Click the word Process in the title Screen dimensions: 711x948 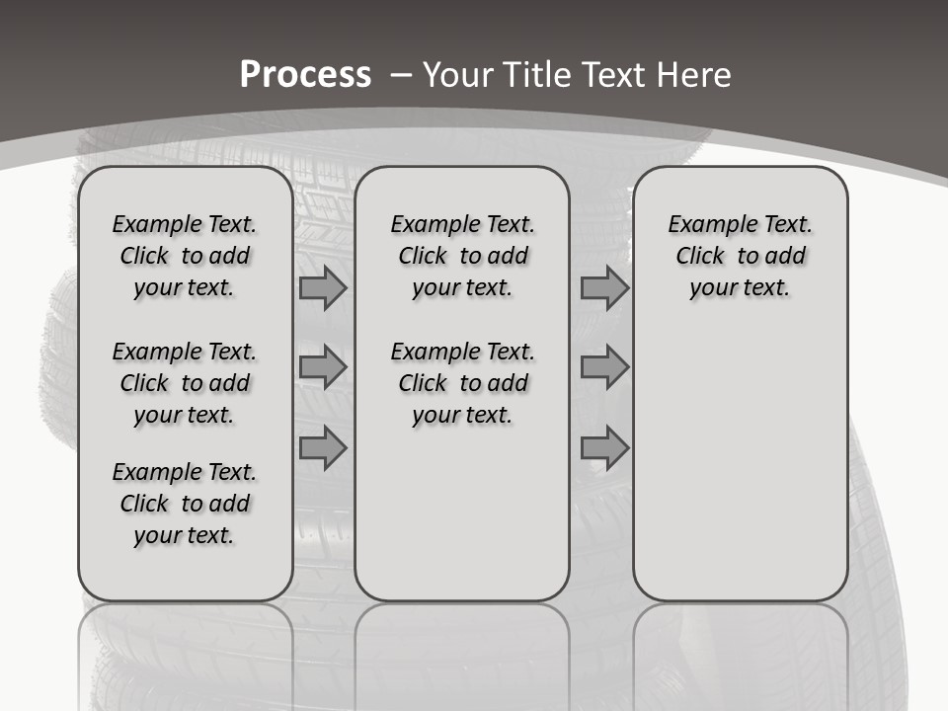[x=305, y=74]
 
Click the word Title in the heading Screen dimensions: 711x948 [x=533, y=74]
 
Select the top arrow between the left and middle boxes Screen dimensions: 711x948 [x=323, y=288]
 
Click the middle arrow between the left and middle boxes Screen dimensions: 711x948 [x=323, y=367]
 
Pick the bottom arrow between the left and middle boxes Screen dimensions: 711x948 [x=323, y=448]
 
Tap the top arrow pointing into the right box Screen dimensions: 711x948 [x=604, y=288]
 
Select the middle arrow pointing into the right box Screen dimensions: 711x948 [x=604, y=367]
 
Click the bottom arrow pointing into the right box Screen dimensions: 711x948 [x=604, y=448]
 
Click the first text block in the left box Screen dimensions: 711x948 [x=185, y=256]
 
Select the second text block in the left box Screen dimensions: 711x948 [x=185, y=383]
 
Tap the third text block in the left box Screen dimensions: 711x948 [x=185, y=504]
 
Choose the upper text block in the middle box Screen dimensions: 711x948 [x=462, y=256]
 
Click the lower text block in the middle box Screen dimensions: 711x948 [x=462, y=383]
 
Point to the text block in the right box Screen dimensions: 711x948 [x=740, y=256]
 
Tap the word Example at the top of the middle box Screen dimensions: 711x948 [x=426, y=225]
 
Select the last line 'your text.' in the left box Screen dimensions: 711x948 [x=185, y=535]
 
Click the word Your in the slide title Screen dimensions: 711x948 [x=456, y=74]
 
